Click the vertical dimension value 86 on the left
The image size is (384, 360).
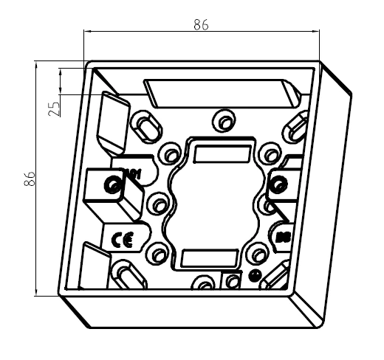point(30,179)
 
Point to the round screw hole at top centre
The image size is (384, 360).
point(221,120)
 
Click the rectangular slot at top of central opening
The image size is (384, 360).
point(220,153)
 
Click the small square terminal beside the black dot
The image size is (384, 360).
point(233,280)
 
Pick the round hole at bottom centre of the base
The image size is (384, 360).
point(202,284)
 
